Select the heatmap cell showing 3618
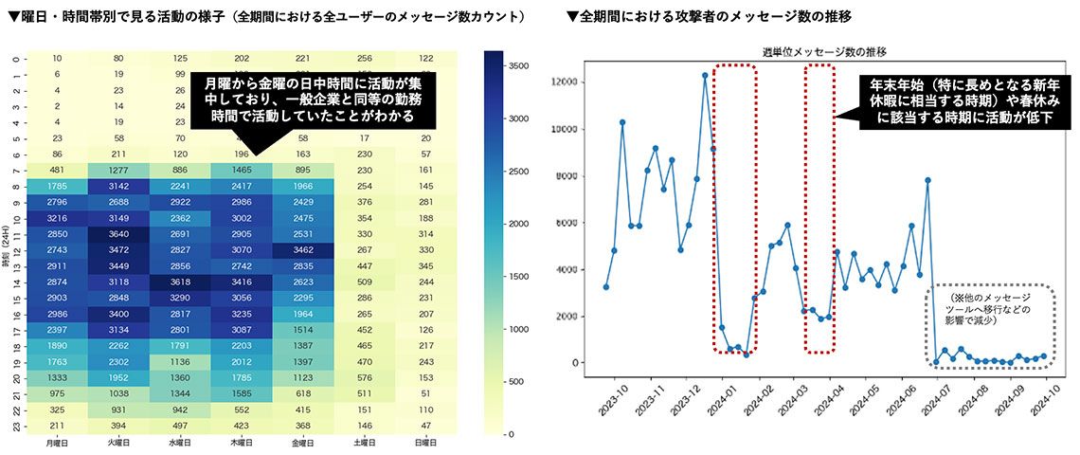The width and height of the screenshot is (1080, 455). click(x=180, y=282)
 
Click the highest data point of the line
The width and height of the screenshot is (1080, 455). click(x=705, y=75)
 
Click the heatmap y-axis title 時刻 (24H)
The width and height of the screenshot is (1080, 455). click(x=9, y=250)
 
